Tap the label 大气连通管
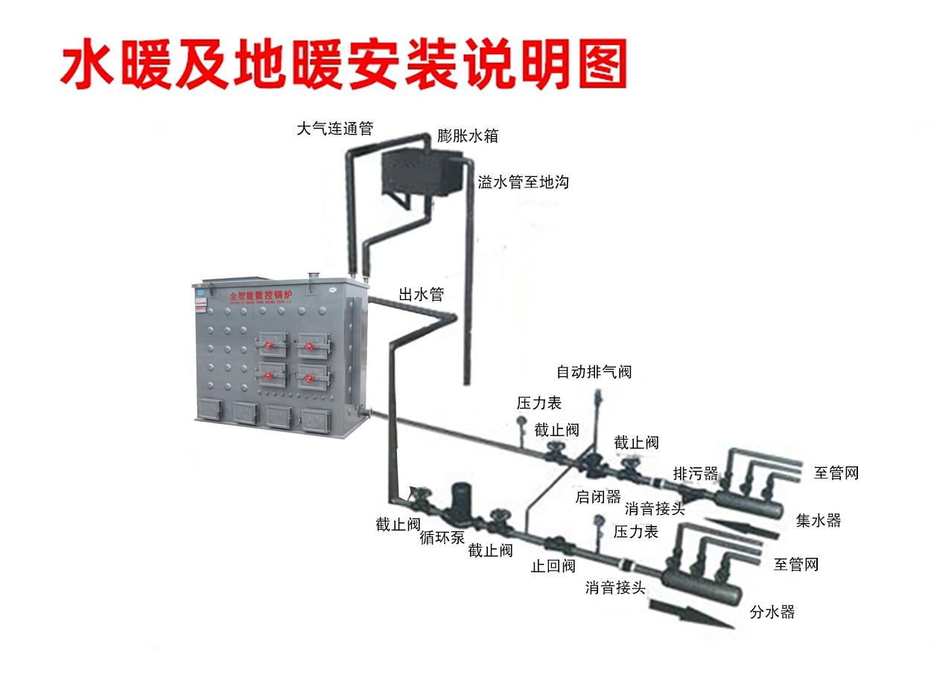pos(334,129)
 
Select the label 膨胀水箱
pos(468,136)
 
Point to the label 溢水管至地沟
pos(523,182)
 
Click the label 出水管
pos(422,294)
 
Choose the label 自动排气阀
pos(594,371)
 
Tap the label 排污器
pos(696,473)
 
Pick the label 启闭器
pos(598,497)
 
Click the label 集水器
pos(819,521)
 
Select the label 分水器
pos(772,612)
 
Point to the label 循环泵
pos(442,537)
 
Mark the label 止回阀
pos(553,566)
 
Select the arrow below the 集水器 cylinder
pos(742,527)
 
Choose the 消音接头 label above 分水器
pos(615,588)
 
